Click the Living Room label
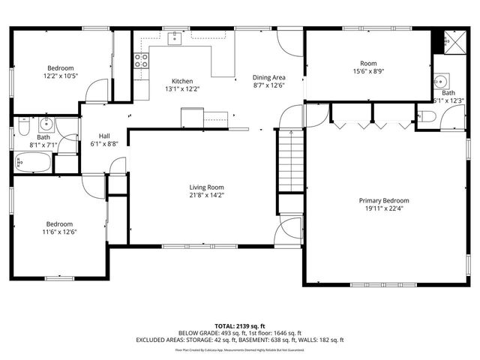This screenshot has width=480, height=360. pyautogui.click(x=205, y=187)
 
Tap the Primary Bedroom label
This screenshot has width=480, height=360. pyautogui.click(x=383, y=200)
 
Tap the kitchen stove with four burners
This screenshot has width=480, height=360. pyautogui.click(x=141, y=61)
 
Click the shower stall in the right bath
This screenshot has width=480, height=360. pyautogui.click(x=448, y=42)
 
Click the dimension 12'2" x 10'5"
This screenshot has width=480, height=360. pyautogui.click(x=61, y=76)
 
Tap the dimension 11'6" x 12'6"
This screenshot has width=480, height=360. pyautogui.click(x=60, y=232)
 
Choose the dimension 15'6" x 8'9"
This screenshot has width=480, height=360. pyautogui.click(x=367, y=72)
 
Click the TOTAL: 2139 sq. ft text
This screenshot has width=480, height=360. pyautogui.click(x=240, y=326)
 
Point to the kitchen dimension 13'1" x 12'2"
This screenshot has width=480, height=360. pyautogui.click(x=182, y=89)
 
